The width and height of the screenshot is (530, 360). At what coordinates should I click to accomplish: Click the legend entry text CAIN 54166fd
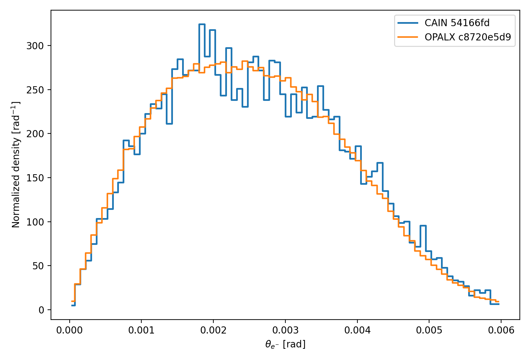click(457, 23)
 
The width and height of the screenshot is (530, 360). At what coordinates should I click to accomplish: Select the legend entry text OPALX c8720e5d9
click(467, 37)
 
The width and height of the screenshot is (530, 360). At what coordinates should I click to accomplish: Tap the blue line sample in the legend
click(408, 23)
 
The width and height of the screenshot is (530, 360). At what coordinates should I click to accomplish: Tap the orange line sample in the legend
click(408, 37)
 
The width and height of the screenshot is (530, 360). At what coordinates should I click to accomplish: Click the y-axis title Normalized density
click(16, 165)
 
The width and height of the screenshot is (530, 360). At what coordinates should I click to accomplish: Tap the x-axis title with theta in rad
click(285, 344)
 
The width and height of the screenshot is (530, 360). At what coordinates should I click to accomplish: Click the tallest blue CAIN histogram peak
click(202, 24)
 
